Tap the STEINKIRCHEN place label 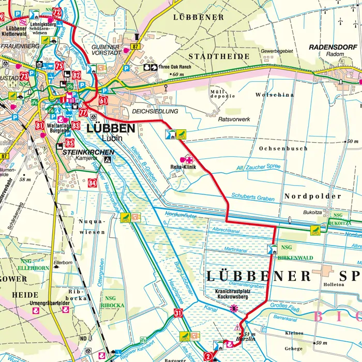(x=88, y=152)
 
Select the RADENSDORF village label (x=334, y=47)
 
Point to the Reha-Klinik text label (x=184, y=167)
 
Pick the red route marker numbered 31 (x=178, y=312)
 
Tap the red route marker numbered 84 (x=93, y=182)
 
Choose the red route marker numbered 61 (x=103, y=100)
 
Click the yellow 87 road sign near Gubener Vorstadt (x=136, y=47)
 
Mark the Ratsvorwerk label (x=234, y=119)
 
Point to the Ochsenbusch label (x=283, y=148)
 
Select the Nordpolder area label (x=312, y=197)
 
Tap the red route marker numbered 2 (x=208, y=355)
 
